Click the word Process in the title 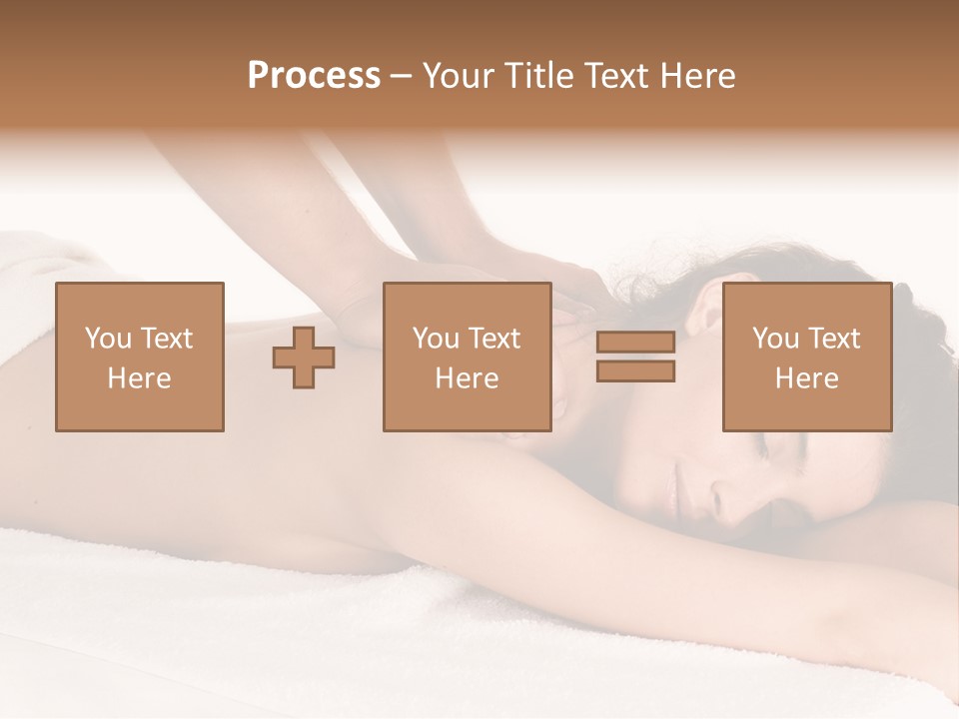(314, 76)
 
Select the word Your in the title (458, 76)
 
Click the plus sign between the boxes (304, 358)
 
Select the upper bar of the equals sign (635, 343)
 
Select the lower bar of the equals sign (635, 370)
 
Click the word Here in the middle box (467, 378)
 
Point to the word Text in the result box (833, 339)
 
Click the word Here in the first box (139, 378)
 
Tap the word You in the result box (775, 339)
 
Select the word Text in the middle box (493, 339)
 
